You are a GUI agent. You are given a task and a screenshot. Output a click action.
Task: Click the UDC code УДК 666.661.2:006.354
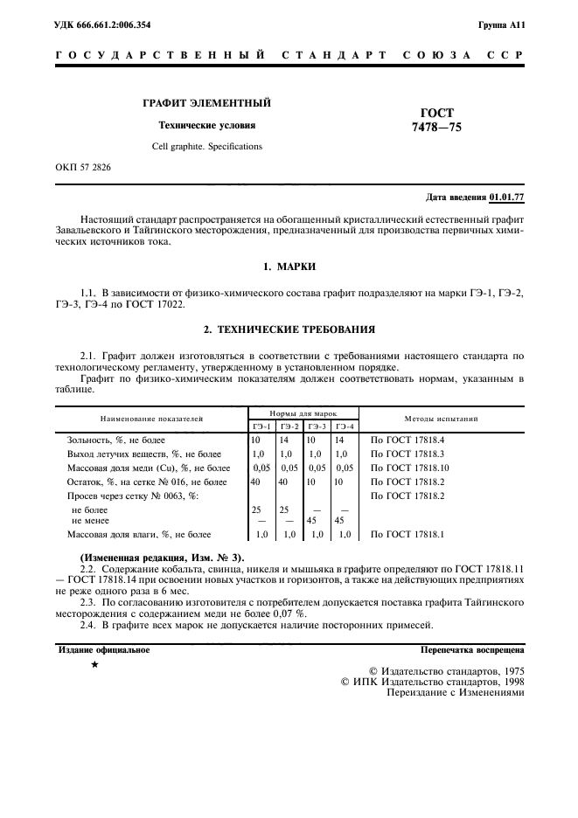102,24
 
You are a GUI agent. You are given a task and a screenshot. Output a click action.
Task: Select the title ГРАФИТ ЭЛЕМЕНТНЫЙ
206,103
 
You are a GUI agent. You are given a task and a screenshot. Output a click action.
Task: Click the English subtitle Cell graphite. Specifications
206,146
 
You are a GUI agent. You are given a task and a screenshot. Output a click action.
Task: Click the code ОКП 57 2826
83,166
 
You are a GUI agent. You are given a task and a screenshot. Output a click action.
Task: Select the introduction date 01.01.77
506,197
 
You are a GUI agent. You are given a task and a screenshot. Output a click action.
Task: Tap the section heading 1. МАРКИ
289,265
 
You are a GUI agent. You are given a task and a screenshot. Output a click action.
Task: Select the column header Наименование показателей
150,419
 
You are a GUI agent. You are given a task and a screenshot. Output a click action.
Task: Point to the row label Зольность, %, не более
116,440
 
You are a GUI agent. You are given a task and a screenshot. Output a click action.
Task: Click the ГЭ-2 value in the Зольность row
287,440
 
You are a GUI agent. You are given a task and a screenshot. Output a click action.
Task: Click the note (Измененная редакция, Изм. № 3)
163,557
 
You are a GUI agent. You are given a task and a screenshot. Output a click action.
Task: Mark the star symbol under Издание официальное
94,666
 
